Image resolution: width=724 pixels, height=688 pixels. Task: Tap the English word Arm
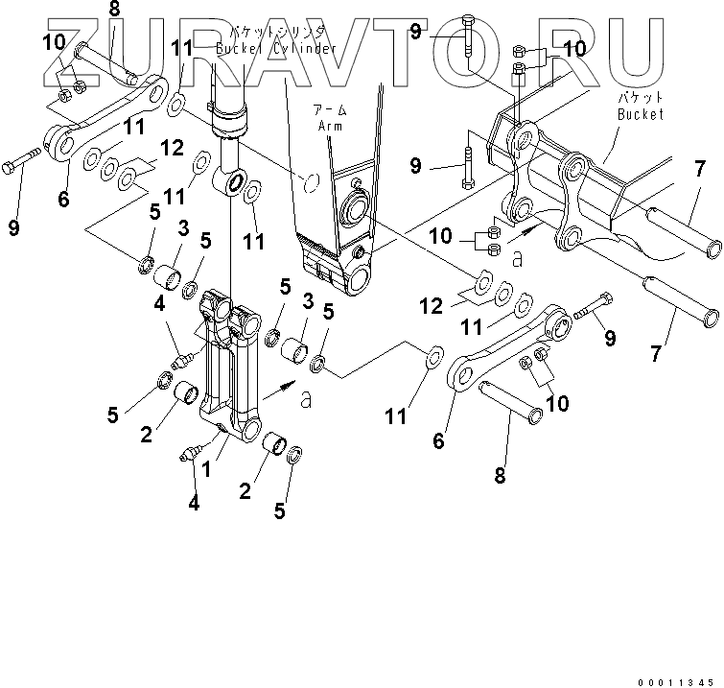pos(329,124)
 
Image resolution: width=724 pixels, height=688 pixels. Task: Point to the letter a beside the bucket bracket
pos(517,257)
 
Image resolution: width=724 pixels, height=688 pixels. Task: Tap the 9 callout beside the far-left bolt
pos(13,227)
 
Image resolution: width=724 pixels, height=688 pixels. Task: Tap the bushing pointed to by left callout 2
pos(187,394)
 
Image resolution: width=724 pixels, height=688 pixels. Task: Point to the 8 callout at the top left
pos(114,12)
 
